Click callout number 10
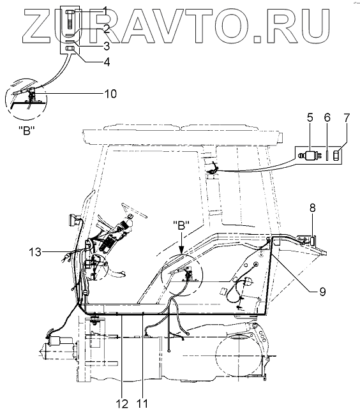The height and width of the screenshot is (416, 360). tap(110, 94)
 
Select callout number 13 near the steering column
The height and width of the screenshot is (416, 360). tap(35, 251)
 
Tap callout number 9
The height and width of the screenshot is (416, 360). tap(322, 292)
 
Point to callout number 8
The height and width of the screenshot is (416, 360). tap(313, 208)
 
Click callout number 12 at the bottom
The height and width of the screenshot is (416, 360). tap(122, 404)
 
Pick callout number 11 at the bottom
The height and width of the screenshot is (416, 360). tap(142, 404)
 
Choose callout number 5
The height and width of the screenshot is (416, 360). tap(310, 117)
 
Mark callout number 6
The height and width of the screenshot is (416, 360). tap(327, 117)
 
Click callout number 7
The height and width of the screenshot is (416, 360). tap(347, 117)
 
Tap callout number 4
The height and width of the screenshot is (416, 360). tap(107, 62)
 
